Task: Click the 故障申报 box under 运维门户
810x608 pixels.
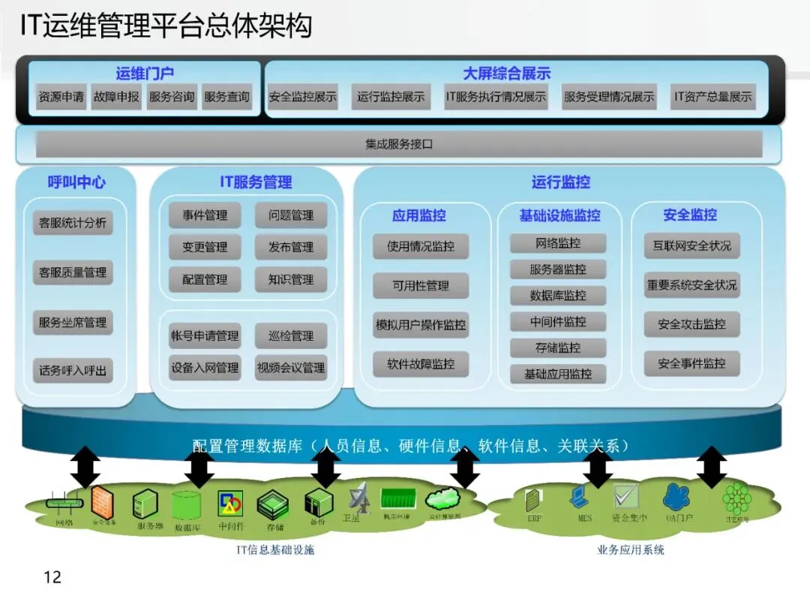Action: pos(116,97)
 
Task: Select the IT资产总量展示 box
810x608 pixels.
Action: pos(712,97)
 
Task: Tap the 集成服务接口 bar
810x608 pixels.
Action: pos(399,144)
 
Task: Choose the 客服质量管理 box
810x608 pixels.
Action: pos(73,272)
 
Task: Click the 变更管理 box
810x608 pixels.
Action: pos(205,247)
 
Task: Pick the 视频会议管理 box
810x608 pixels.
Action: pos(291,368)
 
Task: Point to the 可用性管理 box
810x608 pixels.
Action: pos(421,286)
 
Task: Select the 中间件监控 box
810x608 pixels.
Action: pos(558,322)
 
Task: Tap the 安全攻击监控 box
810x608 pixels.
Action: pos(691,325)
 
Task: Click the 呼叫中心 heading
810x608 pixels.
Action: pos(76,182)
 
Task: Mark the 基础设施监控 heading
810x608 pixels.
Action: pos(559,215)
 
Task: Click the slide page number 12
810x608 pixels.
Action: pos(52,577)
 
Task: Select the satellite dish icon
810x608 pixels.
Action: pos(357,496)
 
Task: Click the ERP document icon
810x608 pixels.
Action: pos(533,500)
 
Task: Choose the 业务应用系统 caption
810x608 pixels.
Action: pos(630,550)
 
